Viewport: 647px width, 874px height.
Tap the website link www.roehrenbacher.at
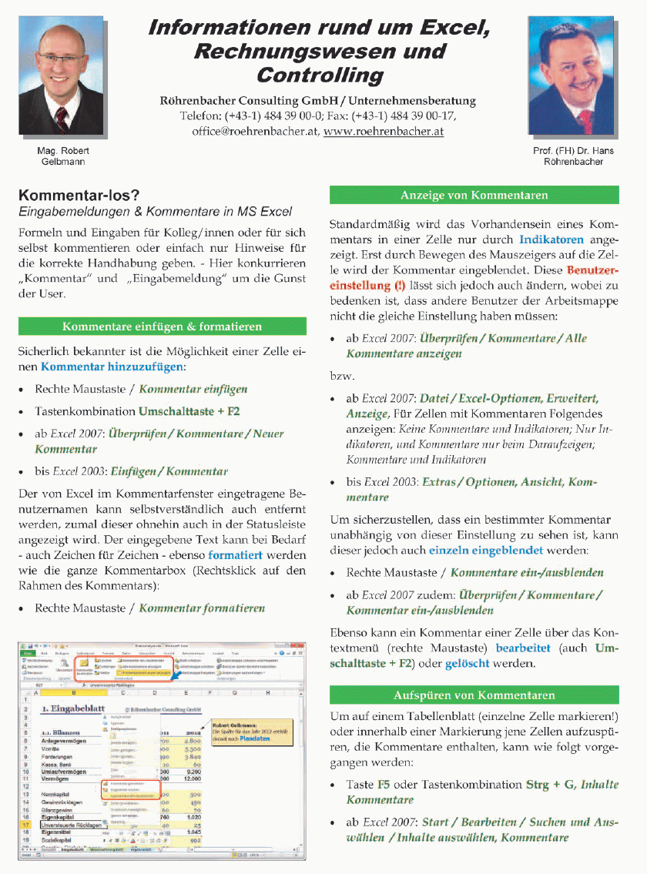(x=383, y=132)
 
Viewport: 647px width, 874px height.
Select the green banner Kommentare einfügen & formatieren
(x=162, y=326)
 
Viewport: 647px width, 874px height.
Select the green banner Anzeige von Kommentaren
(x=474, y=196)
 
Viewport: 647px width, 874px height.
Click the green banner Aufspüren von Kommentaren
(x=474, y=695)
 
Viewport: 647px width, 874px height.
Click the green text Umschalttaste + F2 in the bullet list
(x=189, y=411)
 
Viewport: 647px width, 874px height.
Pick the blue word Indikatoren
(x=551, y=240)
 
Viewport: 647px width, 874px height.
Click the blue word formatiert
(x=235, y=554)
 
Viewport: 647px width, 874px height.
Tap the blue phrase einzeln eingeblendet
(x=486, y=551)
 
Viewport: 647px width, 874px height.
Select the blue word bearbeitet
(x=524, y=648)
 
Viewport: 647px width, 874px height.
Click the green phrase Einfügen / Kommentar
(x=169, y=471)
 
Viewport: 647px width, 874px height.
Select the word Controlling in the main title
(x=320, y=75)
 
